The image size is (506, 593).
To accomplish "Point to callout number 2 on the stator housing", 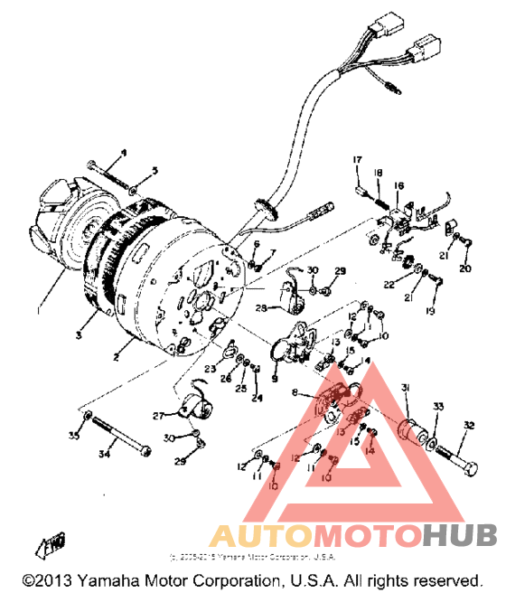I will point(116,358).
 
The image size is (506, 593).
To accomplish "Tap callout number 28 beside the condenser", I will point(260,308).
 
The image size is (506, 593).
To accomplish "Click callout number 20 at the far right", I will point(465,268).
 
